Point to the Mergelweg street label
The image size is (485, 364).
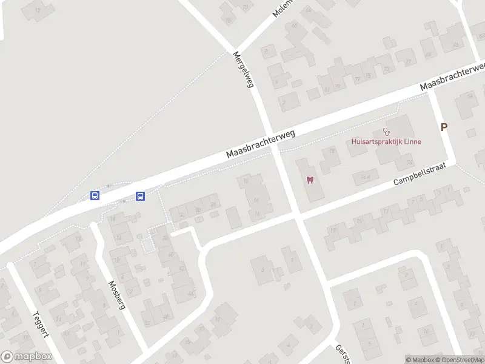pyautogui.click(x=242, y=69)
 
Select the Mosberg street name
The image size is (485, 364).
pyautogui.click(x=116, y=295)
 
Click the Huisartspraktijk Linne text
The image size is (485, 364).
pyautogui.click(x=386, y=142)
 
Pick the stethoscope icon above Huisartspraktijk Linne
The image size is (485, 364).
pyautogui.click(x=386, y=132)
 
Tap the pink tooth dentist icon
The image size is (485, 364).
pyautogui.click(x=310, y=180)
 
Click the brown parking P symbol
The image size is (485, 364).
pyautogui.click(x=444, y=127)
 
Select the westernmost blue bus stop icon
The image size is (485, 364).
pyautogui.click(x=95, y=195)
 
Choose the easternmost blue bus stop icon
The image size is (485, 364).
pyautogui.click(x=140, y=195)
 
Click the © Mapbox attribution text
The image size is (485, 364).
pyautogui.click(x=421, y=360)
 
